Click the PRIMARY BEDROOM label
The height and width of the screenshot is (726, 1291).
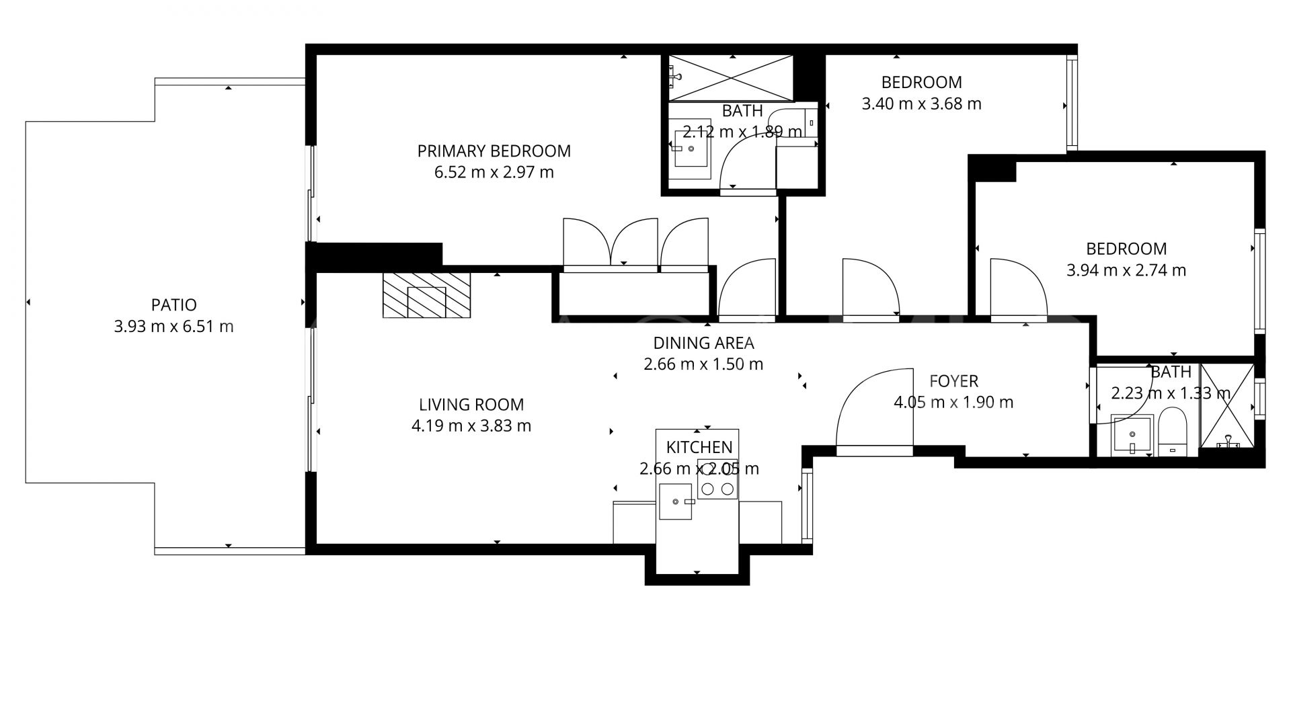[494, 151]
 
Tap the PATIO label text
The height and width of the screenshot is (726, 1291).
[173, 305]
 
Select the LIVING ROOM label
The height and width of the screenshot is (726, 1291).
[471, 405]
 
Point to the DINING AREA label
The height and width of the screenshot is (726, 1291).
[703, 343]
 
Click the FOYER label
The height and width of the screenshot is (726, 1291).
[953, 381]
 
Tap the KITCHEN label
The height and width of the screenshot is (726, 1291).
[699, 448]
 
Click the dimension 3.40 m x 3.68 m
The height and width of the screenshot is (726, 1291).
[921, 104]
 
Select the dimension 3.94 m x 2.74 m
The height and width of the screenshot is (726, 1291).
[1126, 270]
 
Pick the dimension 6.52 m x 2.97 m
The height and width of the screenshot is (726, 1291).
[494, 173]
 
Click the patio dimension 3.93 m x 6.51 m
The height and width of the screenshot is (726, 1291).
[173, 327]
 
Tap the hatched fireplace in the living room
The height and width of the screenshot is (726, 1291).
[426, 294]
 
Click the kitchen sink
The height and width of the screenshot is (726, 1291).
[675, 501]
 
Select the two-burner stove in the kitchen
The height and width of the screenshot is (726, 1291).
[717, 479]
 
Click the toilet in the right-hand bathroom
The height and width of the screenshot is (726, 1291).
[1173, 432]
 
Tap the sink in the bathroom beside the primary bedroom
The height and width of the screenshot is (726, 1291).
[692, 149]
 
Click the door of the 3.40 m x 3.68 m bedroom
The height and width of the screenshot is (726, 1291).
[871, 288]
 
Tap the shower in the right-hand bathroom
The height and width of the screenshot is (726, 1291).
[1228, 406]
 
